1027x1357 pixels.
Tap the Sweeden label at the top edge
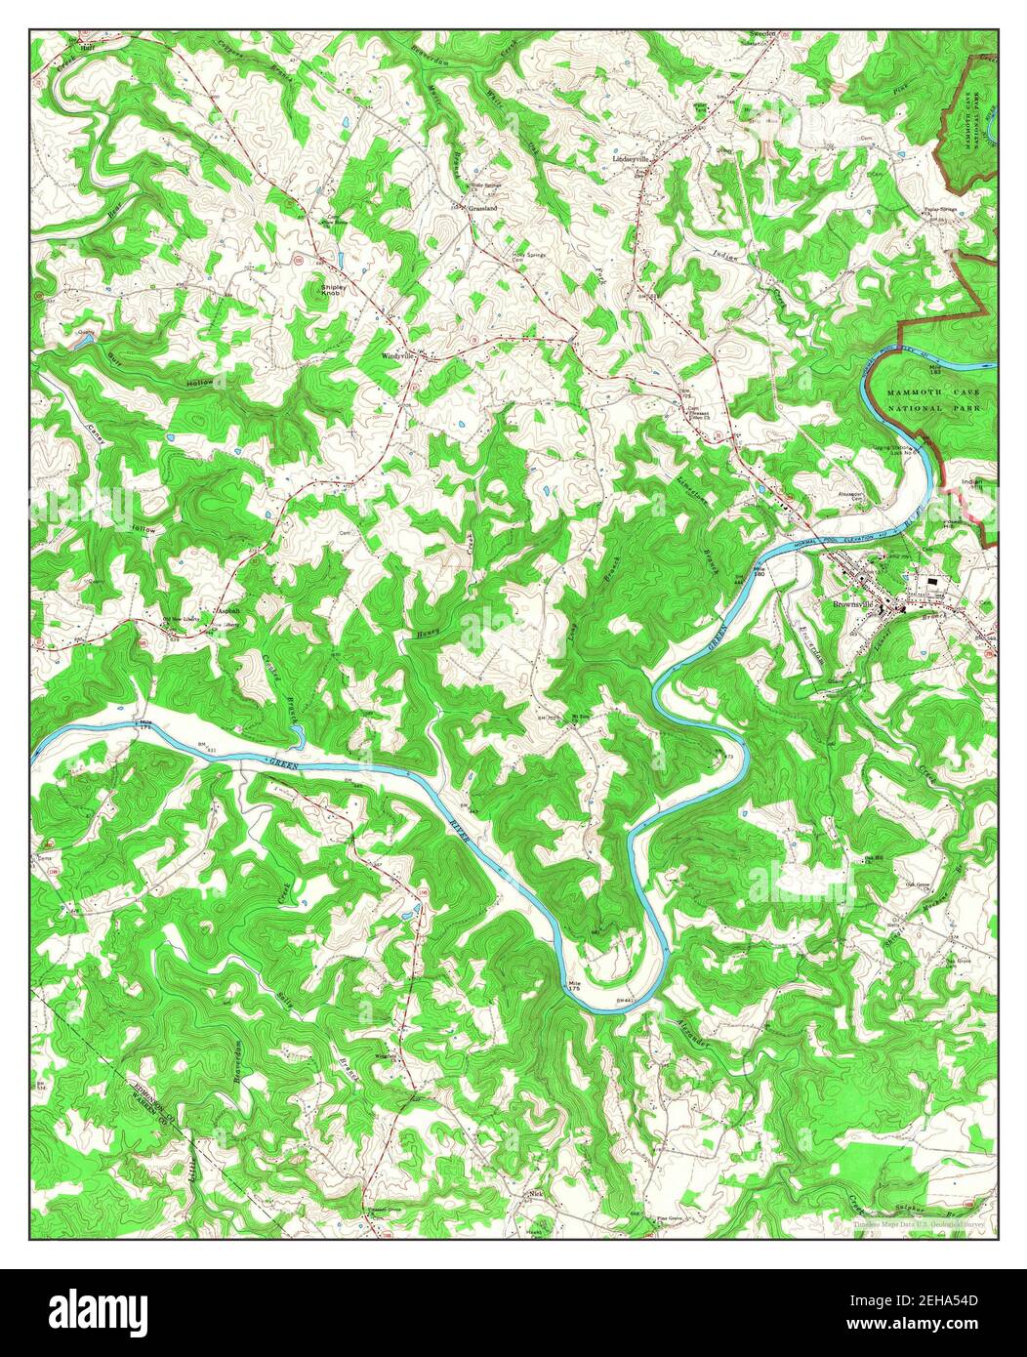[x=761, y=34]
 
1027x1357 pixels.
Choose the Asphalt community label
[x=226, y=610]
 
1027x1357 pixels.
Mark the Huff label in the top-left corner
[x=86, y=45]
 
